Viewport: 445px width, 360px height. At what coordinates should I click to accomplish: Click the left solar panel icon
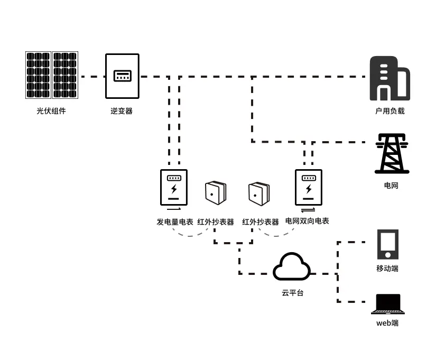39,75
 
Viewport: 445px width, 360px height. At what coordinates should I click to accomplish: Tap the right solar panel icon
65,75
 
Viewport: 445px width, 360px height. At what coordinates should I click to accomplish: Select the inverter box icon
122,76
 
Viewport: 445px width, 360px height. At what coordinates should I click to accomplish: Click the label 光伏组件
51,111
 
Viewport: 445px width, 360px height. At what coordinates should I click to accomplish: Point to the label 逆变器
122,111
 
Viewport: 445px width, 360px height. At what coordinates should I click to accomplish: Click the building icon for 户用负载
390,79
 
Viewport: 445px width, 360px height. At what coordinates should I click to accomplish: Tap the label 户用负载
390,111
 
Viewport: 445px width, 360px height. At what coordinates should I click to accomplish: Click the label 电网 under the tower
391,186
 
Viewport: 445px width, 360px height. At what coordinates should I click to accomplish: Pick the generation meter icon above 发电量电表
174,187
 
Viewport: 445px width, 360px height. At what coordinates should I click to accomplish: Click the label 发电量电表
174,222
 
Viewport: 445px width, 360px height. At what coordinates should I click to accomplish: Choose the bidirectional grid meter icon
309,187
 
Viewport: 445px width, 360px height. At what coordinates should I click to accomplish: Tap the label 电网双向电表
307,221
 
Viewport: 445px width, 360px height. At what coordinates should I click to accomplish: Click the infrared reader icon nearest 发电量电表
215,193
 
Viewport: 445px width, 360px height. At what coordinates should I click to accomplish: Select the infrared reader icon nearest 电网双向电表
259,193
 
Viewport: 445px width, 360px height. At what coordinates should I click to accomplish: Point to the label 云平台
292,292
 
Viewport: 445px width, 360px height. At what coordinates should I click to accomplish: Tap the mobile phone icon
388,244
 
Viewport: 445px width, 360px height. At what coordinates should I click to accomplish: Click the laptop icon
388,304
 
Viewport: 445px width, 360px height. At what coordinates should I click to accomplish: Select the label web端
387,323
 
